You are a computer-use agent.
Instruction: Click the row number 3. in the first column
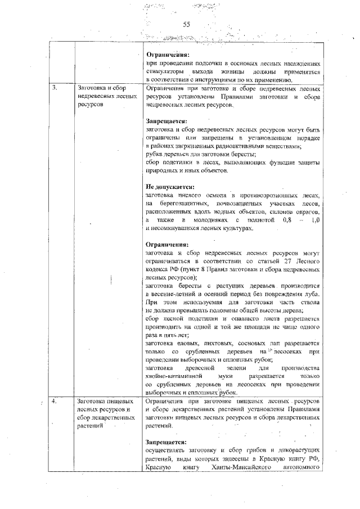tap(55, 89)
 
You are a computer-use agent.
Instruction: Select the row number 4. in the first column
tap(55, 402)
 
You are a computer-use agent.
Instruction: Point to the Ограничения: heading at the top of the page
tap(168, 55)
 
